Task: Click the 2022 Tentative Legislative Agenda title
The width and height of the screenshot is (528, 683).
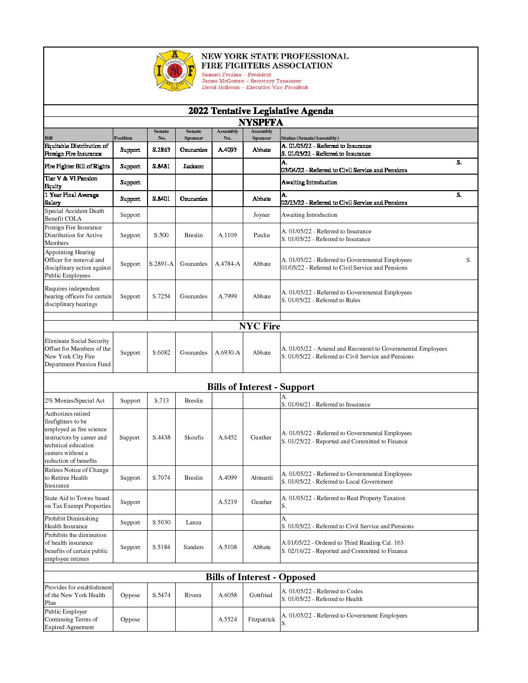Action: (x=261, y=111)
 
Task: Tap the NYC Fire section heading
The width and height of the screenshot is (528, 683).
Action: (x=260, y=326)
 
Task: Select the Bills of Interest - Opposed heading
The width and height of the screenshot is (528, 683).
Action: (x=261, y=577)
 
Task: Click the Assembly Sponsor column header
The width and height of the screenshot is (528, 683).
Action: (x=262, y=135)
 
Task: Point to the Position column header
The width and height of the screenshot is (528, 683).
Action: (x=123, y=138)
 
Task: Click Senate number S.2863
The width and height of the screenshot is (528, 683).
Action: (x=161, y=150)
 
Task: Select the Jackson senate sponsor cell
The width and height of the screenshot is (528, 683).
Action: (x=193, y=166)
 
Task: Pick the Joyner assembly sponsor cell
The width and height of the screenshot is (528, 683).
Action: (x=262, y=215)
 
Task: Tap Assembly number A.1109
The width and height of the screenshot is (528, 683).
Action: (x=227, y=235)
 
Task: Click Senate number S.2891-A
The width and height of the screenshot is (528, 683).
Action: (x=161, y=264)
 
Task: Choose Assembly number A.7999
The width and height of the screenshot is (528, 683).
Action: (x=227, y=296)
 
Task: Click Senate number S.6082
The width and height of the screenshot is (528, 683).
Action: (x=161, y=353)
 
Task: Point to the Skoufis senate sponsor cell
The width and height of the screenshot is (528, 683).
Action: (x=193, y=438)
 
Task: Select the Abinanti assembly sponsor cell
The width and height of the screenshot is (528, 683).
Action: (x=262, y=478)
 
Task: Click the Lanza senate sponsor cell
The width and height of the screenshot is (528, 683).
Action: (x=193, y=522)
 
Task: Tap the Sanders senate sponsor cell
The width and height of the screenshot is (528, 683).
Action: (x=193, y=547)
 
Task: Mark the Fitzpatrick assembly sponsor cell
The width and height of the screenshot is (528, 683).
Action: (x=262, y=619)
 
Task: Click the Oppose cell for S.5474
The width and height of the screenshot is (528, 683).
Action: (x=130, y=595)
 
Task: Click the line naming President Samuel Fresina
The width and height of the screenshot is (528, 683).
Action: (x=236, y=75)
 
